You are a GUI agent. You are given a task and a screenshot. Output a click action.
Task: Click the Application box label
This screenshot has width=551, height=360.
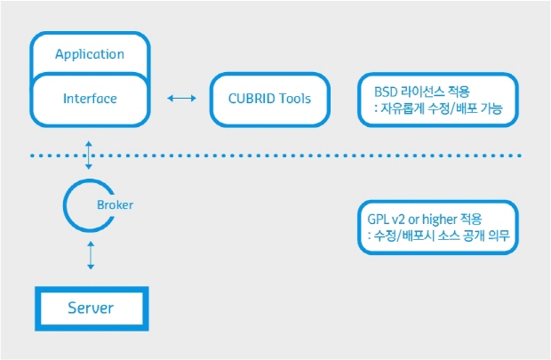(x=90, y=54)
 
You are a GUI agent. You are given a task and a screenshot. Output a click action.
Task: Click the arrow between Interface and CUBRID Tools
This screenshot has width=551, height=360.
(x=181, y=98)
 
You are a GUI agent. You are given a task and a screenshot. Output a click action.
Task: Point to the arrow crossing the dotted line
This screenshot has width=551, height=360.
(x=89, y=155)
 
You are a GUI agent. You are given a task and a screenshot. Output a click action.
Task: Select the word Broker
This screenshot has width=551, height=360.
(x=114, y=204)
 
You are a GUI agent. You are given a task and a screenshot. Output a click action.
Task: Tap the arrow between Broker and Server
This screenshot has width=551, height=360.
(x=89, y=256)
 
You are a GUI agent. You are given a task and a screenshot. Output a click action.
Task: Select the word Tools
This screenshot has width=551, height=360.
(x=294, y=98)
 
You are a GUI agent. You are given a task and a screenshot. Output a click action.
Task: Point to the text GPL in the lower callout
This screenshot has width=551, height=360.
(x=378, y=218)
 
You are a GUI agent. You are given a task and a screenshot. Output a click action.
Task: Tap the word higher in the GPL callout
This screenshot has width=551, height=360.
(x=443, y=218)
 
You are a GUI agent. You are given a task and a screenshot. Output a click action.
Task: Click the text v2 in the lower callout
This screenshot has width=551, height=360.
(x=399, y=218)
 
